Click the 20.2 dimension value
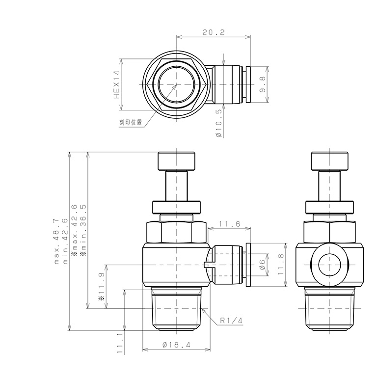click(x=213, y=32)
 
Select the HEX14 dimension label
click(x=117, y=84)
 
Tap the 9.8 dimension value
click(x=262, y=84)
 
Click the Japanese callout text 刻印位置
click(x=131, y=122)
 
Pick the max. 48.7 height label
click(x=56, y=241)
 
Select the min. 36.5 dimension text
click(x=83, y=230)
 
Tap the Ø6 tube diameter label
click(x=262, y=265)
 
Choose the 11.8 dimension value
click(x=280, y=265)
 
